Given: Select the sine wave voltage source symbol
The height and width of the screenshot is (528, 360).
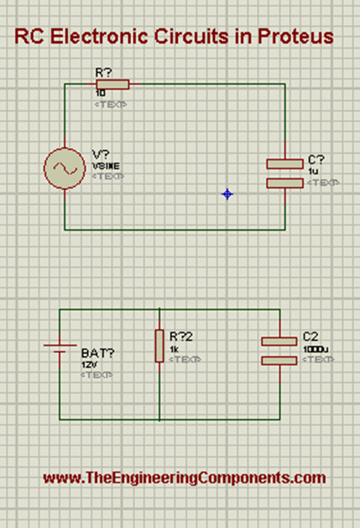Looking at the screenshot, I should [x=64, y=169].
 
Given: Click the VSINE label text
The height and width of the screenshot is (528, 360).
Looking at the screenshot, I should [x=103, y=166].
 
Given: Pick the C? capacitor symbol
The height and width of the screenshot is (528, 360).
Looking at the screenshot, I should [x=285, y=173].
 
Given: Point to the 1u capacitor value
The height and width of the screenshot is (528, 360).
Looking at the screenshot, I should [x=313, y=172].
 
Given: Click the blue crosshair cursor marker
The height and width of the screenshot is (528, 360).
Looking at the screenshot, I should [x=227, y=194].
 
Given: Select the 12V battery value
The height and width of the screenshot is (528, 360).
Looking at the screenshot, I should [x=88, y=364].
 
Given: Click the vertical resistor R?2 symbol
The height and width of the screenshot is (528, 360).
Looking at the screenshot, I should [x=160, y=346].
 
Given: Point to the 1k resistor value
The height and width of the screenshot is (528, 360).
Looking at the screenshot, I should [x=174, y=349].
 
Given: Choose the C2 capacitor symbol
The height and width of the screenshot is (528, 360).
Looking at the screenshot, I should [x=279, y=350].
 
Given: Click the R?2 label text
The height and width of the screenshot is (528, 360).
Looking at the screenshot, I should [x=180, y=337].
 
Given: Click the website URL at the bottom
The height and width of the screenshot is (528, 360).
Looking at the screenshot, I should [x=184, y=478].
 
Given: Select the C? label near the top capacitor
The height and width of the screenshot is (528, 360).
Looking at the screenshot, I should [x=316, y=160].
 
